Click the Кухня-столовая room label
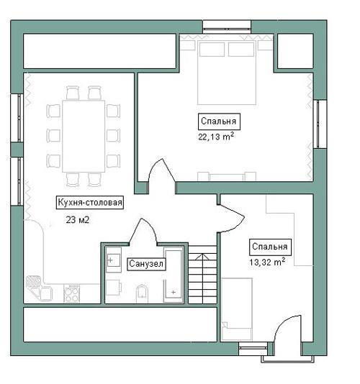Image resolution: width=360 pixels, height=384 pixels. (90, 203)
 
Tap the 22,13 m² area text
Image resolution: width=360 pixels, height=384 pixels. (216, 137)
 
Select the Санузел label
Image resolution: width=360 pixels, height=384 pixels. (146, 264)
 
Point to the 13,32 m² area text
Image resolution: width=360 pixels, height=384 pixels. (267, 262)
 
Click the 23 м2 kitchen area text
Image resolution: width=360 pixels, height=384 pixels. (78, 219)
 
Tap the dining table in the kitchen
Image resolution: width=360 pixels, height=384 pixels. (84, 136)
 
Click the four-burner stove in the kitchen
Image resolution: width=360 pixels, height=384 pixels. (71, 293)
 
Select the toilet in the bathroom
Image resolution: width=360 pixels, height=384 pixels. (142, 293)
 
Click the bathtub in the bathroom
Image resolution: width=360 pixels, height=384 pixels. (173, 275)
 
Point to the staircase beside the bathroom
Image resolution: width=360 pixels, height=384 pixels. (202, 275)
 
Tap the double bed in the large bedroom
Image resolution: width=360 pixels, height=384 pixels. (227, 73)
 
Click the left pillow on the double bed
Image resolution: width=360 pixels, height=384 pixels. (212, 50)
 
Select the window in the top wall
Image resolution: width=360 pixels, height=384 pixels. (227, 27)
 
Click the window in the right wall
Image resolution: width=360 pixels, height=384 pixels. (320, 124)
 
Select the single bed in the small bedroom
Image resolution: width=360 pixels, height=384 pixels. (237, 309)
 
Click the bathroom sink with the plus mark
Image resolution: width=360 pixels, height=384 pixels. (113, 260)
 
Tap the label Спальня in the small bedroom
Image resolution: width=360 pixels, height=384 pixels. (270, 247)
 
